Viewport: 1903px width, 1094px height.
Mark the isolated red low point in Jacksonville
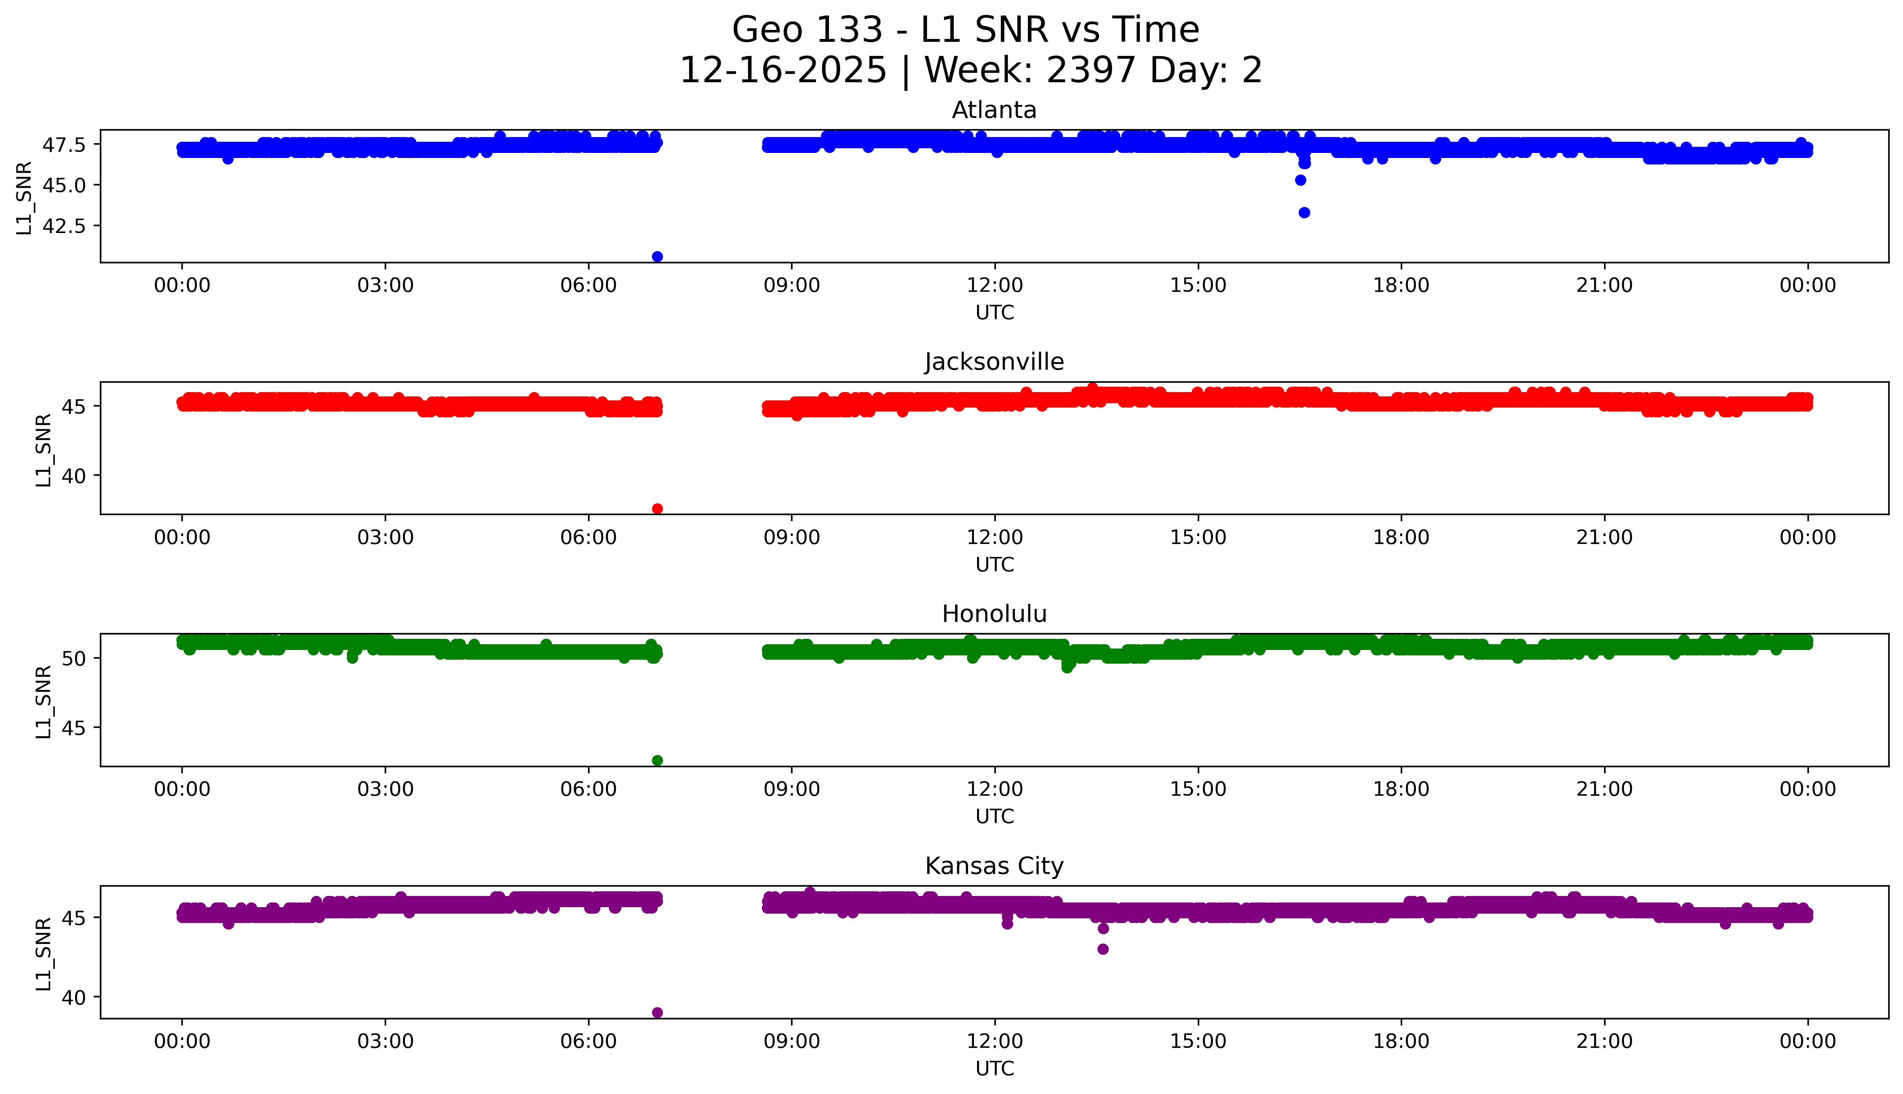[x=657, y=509]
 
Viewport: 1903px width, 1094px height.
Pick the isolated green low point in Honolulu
[x=657, y=760]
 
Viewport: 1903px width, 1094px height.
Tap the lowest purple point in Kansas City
[x=657, y=1012]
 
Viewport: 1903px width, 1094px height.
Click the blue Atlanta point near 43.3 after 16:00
[x=1304, y=213]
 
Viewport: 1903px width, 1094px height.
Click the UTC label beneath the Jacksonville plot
[x=994, y=564]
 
